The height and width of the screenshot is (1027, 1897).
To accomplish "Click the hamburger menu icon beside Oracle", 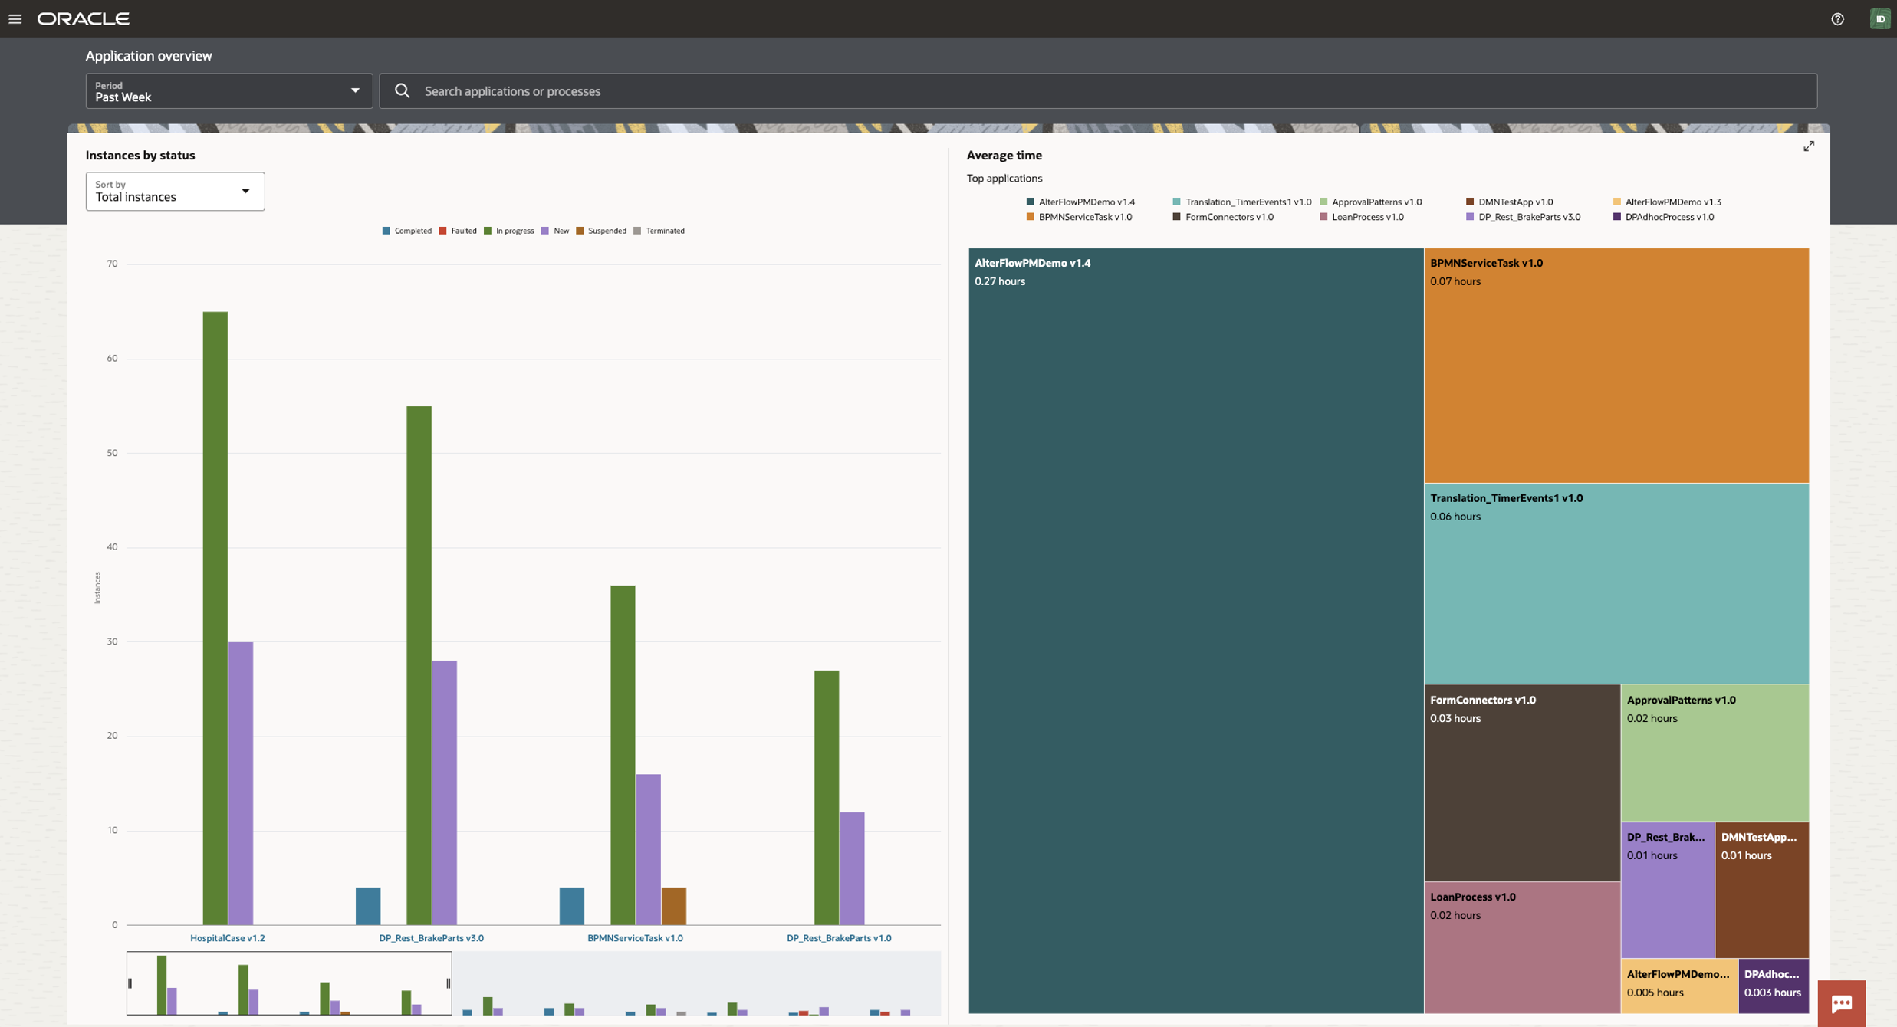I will click(15, 19).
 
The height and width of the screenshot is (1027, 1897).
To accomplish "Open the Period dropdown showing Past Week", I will click(228, 91).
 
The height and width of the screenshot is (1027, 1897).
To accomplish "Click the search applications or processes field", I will click(1096, 91).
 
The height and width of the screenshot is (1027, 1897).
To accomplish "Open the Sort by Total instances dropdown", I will click(175, 192).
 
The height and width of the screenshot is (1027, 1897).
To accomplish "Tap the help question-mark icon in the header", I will click(1837, 19).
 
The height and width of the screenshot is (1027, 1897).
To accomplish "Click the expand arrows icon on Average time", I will click(1808, 146).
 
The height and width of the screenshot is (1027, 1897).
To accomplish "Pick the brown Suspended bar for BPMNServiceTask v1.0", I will click(673, 906).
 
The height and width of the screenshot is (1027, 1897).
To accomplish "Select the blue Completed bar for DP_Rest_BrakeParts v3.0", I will click(368, 906).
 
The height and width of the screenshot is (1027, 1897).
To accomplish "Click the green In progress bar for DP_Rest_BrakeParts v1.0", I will click(827, 797).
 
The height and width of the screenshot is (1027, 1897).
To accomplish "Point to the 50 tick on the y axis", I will click(113, 453).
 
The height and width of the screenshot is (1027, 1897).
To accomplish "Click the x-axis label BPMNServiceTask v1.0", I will click(635, 938).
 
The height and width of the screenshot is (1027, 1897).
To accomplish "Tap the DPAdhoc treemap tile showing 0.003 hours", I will click(1773, 985).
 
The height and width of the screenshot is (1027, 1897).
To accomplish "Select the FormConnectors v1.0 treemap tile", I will click(1521, 782).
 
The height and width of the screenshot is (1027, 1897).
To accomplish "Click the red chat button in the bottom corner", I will click(1841, 1003).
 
